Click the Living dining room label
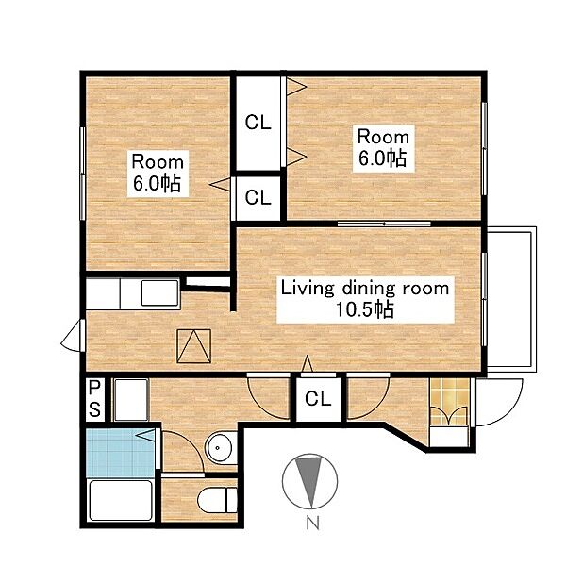pos(365,299)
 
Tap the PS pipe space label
pos(94,399)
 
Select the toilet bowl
pos(217,500)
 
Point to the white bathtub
pos(120,500)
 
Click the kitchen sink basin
pos(159,292)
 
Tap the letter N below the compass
pos(312,522)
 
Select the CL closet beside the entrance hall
pos(318,399)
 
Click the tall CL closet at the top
pos(258,123)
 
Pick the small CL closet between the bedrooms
pos(258,198)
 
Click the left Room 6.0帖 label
pos(158,174)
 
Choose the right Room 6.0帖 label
pos(383,148)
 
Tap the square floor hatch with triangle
pos(193,345)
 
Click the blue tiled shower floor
pos(122,452)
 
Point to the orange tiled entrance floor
pos(450,401)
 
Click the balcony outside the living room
pos(511,299)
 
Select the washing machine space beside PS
pos(131,399)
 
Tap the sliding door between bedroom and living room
pos(384,224)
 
